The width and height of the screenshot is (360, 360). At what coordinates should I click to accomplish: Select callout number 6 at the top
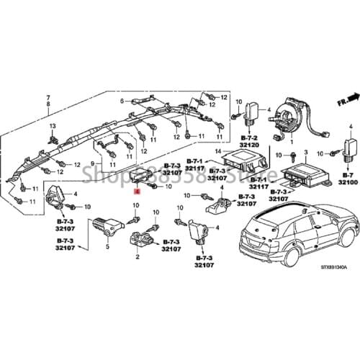tap(123, 101)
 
